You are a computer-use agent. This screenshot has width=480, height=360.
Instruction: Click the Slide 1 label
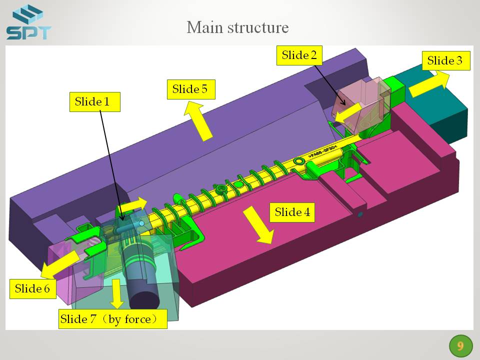pos(95,101)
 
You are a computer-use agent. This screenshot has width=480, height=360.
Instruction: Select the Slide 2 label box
pos(299,55)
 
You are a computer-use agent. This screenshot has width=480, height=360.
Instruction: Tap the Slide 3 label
pos(446,60)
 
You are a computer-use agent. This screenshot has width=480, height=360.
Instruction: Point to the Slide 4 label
pos(292,212)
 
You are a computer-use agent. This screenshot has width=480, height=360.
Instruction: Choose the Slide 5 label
pos(191,89)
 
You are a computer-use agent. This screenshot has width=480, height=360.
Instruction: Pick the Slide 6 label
pos(33,288)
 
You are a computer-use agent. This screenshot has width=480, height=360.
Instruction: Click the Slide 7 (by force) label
pos(112,319)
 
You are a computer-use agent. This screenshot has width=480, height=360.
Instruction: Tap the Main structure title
pos(238,27)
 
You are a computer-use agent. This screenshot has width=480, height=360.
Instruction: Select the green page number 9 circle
pos(460,346)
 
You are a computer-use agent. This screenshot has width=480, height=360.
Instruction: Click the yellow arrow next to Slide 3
pos(428,83)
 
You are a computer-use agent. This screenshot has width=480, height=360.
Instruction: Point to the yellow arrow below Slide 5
pos(198,121)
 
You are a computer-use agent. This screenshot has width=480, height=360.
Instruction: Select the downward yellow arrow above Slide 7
pos(116,294)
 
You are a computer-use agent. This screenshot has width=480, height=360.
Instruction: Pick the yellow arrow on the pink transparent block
pos(348,114)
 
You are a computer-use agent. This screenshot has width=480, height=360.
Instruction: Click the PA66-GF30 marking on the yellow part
pos(322,151)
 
